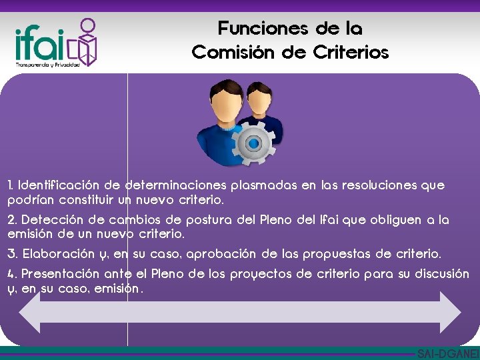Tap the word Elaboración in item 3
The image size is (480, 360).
(58, 254)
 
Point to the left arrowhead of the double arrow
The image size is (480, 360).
(31, 311)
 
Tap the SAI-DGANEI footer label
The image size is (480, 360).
(447, 354)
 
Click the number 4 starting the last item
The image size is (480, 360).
(11, 274)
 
